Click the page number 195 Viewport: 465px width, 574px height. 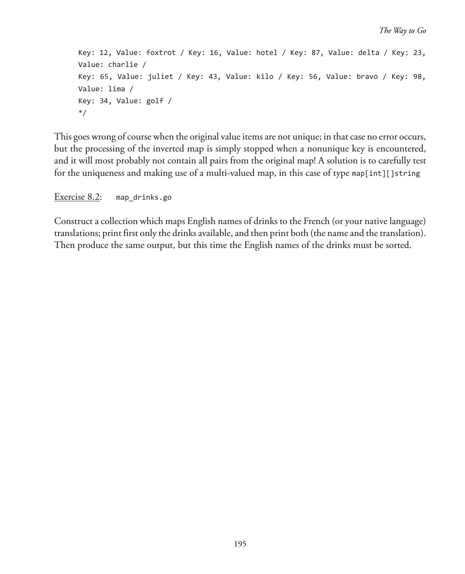point(240,544)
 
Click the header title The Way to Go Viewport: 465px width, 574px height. point(402,31)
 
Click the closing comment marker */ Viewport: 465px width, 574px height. point(82,113)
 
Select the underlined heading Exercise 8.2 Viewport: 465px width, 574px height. point(77,197)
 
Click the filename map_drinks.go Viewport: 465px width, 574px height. point(144,197)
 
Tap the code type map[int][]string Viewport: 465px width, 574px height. point(386,173)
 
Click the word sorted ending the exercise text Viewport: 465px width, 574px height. point(398,245)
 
